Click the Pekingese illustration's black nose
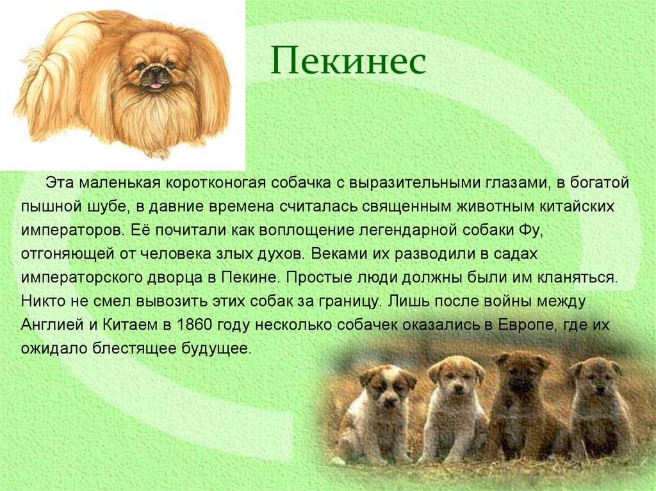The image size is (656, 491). coord(154,72)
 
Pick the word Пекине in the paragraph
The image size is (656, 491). coord(252,278)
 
